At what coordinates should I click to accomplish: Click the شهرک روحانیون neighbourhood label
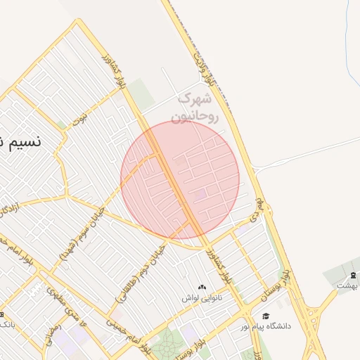point(198,108)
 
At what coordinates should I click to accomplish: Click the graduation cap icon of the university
point(265,316)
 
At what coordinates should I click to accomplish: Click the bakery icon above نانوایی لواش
point(202,287)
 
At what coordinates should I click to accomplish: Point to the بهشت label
point(347,285)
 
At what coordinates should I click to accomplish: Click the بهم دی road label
point(259,209)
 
